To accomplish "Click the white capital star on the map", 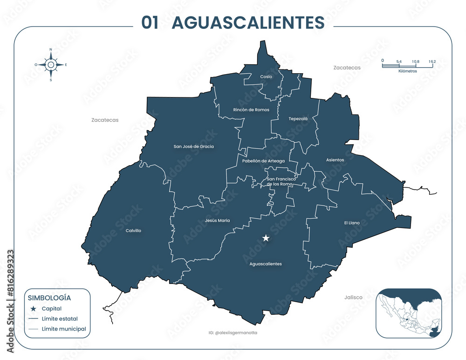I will click(x=266, y=238).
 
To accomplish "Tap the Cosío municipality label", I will click(x=266, y=76).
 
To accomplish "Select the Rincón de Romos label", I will click(x=251, y=110).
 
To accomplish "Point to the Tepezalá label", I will click(x=298, y=118).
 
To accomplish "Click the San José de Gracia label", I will click(x=194, y=146).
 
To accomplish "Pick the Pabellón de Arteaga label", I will click(x=263, y=161).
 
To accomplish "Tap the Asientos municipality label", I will click(x=335, y=160).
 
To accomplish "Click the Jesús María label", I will click(x=217, y=221).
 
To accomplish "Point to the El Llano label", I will click(x=352, y=223).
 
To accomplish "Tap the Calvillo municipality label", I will click(x=133, y=230).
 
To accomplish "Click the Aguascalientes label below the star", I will click(x=266, y=264).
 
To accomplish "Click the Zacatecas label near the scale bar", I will click(x=347, y=68).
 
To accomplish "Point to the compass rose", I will click(x=51, y=65).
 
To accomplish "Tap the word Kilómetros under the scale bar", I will click(x=408, y=71).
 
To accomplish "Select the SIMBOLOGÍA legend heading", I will click(x=49, y=298).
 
